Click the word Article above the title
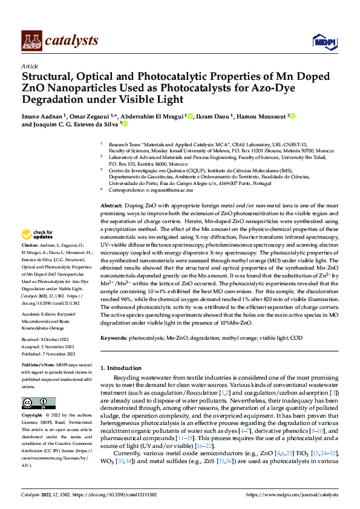30,66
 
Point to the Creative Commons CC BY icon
38,403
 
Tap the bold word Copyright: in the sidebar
33,416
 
